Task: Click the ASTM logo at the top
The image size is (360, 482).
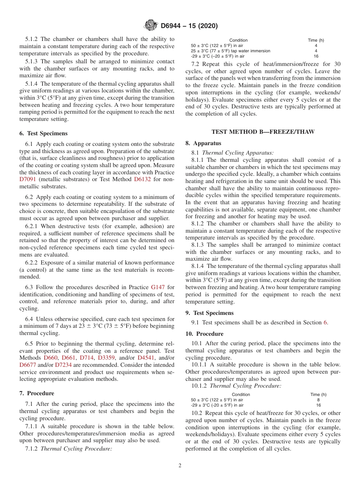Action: [x=151, y=26]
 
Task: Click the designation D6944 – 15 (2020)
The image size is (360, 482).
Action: [x=189, y=26]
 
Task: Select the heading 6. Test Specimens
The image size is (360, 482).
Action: [x=43, y=133]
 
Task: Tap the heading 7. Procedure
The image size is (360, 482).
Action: [x=37, y=393]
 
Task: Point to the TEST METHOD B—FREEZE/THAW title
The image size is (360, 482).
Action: [x=263, y=132]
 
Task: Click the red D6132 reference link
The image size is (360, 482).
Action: [x=142, y=179]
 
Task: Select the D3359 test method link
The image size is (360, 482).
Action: [x=106, y=358]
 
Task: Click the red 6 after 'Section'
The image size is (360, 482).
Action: [x=325, y=322]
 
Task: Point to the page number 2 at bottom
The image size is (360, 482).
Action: [x=180, y=466]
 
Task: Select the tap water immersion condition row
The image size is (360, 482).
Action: [x=230, y=51]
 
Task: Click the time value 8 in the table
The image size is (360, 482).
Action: [x=318, y=400]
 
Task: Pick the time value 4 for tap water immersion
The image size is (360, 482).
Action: [x=316, y=51]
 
